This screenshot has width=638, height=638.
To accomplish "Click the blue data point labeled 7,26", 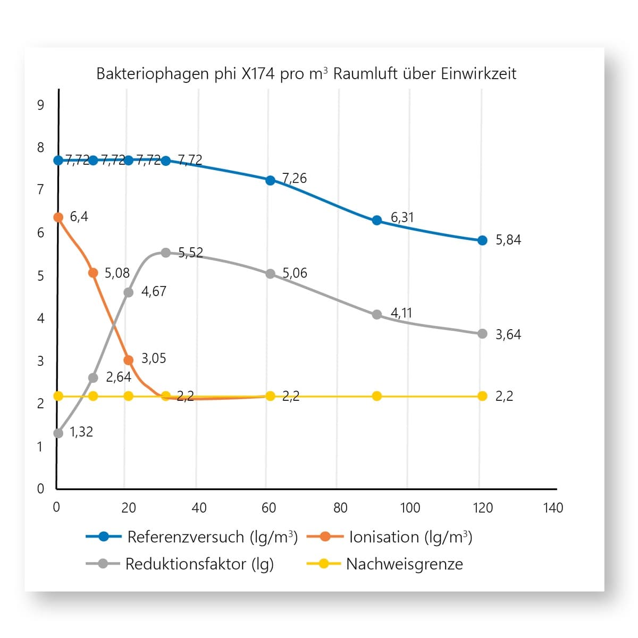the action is point(270,180).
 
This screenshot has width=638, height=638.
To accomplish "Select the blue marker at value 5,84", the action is point(482,240).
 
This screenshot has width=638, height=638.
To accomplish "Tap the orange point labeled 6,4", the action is point(58,217).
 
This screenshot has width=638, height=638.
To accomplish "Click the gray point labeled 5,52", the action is point(166,253).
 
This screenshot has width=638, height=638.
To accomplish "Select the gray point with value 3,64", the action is point(482,334).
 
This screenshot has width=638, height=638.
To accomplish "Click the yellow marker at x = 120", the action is point(482,396).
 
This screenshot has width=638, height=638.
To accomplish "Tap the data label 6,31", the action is point(402,217).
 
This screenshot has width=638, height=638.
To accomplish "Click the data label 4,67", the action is point(154,291).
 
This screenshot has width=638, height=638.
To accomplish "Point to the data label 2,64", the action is point(119,377).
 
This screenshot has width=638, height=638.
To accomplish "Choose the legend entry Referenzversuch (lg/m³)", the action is point(192,537).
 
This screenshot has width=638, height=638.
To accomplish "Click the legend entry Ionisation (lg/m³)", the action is point(390,537).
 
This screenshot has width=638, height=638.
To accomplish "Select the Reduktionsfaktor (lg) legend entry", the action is point(180,564).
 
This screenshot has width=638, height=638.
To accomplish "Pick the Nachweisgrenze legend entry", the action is point(385,564).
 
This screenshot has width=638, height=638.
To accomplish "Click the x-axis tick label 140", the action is point(553,508).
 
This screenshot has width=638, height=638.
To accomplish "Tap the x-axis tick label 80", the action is point(340,508).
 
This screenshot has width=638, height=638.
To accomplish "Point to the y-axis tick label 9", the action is point(40,105).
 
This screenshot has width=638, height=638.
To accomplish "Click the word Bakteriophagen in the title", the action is point(153,74).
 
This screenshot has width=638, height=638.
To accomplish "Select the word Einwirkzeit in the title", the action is point(478,73).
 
